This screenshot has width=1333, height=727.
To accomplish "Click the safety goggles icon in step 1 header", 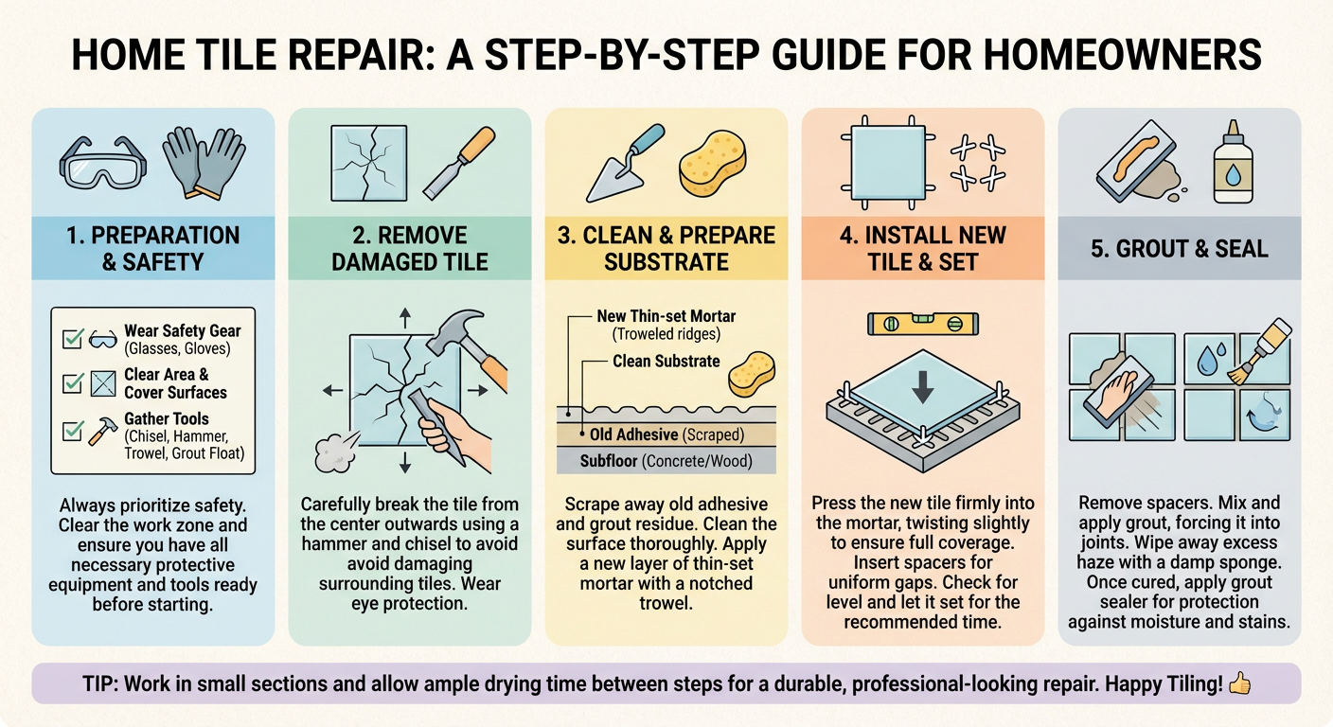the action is [x=103, y=164].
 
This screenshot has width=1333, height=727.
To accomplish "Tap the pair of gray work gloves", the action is [x=204, y=162].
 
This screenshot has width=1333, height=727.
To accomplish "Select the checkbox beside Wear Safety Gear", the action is [x=73, y=339].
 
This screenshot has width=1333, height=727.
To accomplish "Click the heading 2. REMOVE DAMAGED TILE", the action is [x=409, y=249].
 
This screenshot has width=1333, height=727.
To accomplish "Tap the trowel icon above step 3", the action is [x=624, y=164].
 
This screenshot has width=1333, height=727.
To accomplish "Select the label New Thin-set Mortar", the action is [x=666, y=316].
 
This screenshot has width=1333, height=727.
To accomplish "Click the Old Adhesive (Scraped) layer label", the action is [x=666, y=434].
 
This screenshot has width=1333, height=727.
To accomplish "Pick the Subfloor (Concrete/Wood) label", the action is [x=666, y=461].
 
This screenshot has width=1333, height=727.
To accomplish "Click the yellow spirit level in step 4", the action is [x=923, y=325].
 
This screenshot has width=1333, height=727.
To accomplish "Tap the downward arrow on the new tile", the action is [x=922, y=387].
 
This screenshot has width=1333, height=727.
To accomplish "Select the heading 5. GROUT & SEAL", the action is [x=1180, y=249].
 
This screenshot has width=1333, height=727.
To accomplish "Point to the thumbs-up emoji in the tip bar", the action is [x=1240, y=683].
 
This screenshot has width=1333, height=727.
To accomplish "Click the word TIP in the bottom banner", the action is [x=100, y=683].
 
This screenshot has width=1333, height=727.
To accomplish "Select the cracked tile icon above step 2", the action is [x=369, y=163].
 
